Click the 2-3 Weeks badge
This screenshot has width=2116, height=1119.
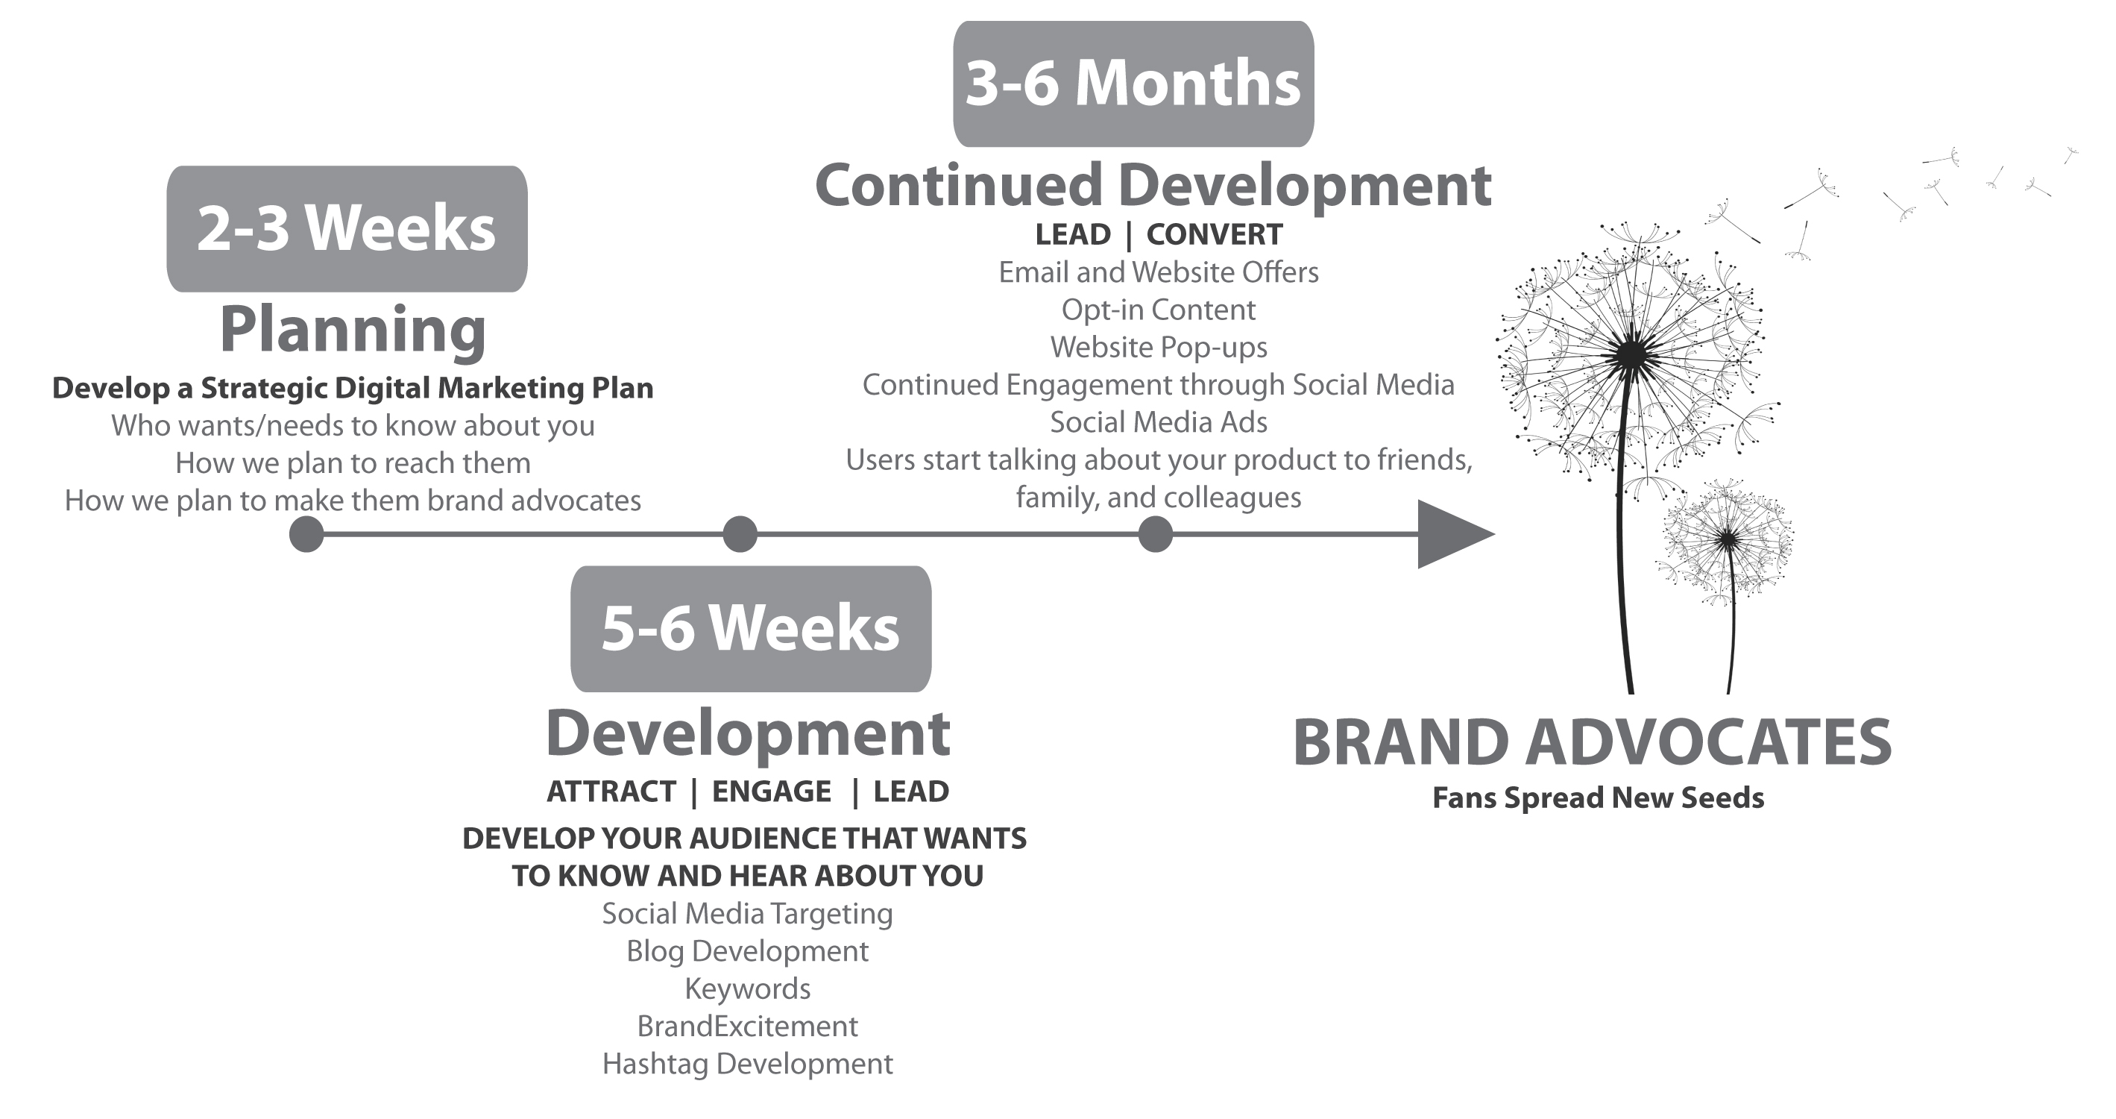347,228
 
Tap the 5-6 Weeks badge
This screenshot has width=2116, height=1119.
751,629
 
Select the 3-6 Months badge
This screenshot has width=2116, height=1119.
1133,84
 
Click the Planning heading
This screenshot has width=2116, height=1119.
353,330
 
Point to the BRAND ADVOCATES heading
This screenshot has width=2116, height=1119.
1592,742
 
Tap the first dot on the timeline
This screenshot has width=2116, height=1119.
306,534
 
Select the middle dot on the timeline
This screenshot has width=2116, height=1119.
740,534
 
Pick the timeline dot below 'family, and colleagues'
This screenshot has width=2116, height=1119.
1156,534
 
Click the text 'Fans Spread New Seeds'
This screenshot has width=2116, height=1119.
1598,797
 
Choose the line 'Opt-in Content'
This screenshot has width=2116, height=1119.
1158,310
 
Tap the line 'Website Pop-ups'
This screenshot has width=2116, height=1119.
1158,348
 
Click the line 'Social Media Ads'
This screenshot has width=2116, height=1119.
1158,422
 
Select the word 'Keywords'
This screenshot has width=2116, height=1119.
748,989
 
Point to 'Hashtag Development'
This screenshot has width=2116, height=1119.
748,1064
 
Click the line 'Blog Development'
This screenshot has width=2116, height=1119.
748,951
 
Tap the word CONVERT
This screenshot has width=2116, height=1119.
1214,235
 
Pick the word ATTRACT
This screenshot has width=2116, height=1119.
611,792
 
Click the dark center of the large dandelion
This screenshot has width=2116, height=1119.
1634,355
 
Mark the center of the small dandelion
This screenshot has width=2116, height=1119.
1728,540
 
